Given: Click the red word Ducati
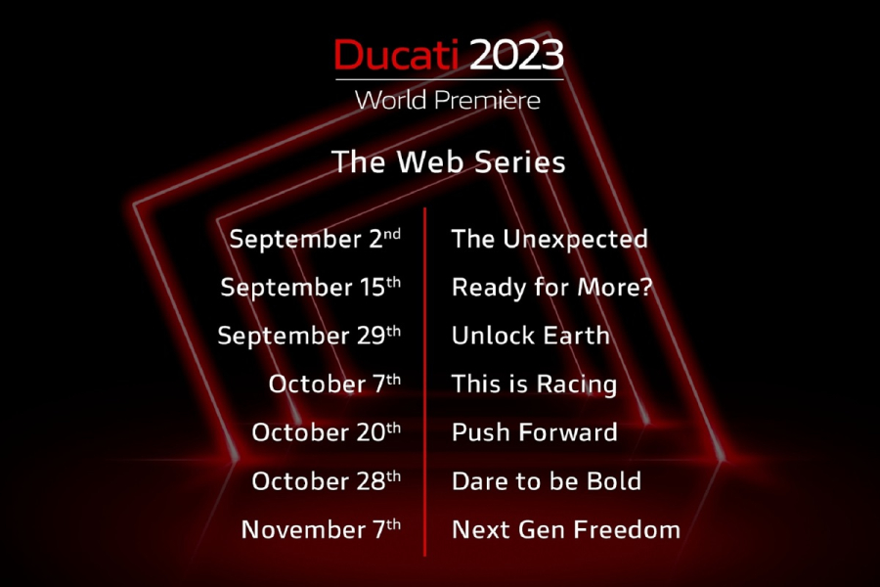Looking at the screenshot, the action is (x=396, y=55).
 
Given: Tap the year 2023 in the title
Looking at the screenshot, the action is (x=516, y=55).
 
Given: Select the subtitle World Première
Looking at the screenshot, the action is (x=448, y=100).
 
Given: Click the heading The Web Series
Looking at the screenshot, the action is (x=449, y=161).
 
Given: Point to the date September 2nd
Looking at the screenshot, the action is (x=315, y=239).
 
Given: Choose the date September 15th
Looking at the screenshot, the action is (x=310, y=287).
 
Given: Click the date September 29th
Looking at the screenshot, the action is (x=309, y=336).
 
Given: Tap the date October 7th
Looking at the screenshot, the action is (x=334, y=384).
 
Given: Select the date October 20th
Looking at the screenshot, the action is (x=326, y=432).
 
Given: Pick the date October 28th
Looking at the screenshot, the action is (x=326, y=480).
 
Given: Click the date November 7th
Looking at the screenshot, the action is (x=321, y=529).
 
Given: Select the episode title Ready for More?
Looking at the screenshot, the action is (x=552, y=288).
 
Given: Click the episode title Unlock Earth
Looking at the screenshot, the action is (x=530, y=336).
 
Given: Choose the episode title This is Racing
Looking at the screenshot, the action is (x=534, y=384).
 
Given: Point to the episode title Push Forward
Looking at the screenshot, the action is (x=534, y=432).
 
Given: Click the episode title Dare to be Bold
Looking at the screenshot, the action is (x=546, y=480).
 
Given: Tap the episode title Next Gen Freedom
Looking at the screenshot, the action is (x=566, y=529).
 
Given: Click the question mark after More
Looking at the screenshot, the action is (x=646, y=287).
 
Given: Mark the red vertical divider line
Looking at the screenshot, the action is (x=425, y=382).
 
